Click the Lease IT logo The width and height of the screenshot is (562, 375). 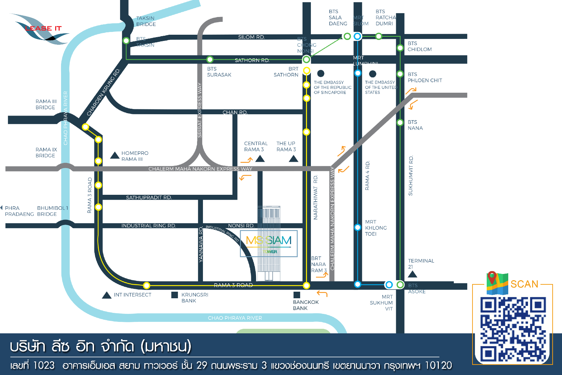tap(41, 29)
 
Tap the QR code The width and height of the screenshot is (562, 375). tap(513, 329)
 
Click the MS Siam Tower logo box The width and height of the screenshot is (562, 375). tap(269, 243)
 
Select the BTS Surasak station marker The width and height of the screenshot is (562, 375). tap(210, 59)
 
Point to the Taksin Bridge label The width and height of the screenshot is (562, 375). tap(146, 21)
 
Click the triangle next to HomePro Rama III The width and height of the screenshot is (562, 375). tap(115, 155)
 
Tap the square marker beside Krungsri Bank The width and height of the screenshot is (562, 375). tap(175, 295)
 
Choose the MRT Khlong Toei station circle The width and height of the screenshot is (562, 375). tap(358, 227)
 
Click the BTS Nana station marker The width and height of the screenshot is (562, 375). tap(400, 122)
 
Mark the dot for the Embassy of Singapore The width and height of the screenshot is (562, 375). tap(321, 73)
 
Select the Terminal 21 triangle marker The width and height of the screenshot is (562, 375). tap(412, 274)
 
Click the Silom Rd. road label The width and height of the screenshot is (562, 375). tap(251, 37)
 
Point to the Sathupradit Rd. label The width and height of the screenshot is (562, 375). tap(149, 197)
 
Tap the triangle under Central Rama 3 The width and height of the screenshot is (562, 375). tap(260, 159)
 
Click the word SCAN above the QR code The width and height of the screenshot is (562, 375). tap(524, 284)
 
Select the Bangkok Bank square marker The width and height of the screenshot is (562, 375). tap(297, 295)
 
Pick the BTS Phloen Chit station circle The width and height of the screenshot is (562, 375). tap(400, 74)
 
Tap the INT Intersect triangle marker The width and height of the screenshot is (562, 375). tap(107, 295)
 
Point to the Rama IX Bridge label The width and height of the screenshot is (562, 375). tap(46, 152)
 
